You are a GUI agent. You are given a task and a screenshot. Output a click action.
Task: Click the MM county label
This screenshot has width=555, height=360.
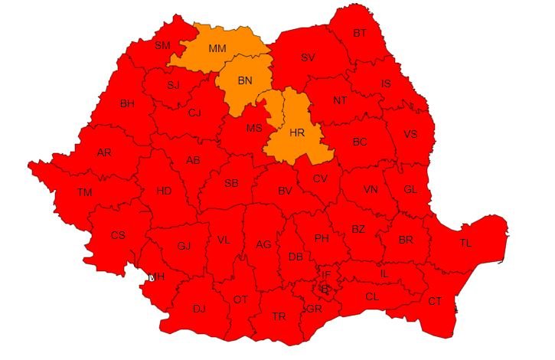217,48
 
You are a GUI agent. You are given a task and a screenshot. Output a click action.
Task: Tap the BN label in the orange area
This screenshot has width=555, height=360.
245,80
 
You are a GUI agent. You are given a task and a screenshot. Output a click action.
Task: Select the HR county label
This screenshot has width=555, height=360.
297,132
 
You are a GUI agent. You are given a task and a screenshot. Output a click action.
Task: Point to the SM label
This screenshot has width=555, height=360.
162,45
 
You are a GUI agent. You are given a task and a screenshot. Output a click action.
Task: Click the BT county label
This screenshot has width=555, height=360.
359,33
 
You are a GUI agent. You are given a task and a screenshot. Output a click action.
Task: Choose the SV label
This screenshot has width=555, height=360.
308,57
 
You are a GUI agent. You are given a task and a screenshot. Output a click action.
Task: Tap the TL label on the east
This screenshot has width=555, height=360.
465,243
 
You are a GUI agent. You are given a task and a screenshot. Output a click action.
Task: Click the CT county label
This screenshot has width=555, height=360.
435,301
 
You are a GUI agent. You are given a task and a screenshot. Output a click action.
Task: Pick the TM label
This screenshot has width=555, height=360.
84,192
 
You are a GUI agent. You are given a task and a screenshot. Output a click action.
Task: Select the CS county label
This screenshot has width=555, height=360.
118,235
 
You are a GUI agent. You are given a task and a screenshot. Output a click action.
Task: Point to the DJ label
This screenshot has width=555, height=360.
199,309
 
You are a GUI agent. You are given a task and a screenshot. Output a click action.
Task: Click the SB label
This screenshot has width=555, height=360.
231,183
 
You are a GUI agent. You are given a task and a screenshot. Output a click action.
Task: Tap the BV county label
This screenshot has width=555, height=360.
286,191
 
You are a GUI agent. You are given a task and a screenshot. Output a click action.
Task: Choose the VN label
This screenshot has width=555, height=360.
371,189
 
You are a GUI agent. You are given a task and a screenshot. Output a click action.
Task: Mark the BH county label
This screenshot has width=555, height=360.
126,103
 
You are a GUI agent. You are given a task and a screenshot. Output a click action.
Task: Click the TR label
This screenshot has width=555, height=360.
279,316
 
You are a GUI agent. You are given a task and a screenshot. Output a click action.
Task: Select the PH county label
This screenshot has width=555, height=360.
322,238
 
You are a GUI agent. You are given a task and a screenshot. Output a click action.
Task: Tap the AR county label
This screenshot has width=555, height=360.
104,152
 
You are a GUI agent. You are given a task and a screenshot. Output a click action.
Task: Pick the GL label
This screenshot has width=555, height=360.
410,189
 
